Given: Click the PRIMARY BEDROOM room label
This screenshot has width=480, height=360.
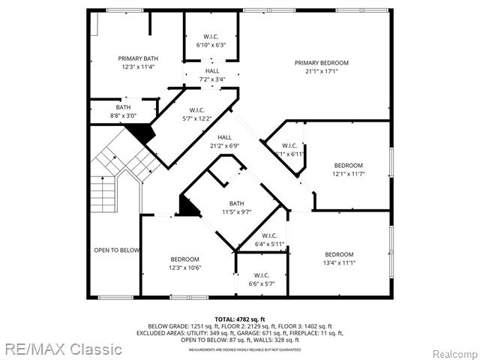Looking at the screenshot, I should [321, 63].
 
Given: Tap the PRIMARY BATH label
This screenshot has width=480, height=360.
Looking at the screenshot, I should [138, 58].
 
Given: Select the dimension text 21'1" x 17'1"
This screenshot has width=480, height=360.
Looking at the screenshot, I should [321, 73].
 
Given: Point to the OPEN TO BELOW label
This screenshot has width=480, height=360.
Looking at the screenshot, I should [116, 250].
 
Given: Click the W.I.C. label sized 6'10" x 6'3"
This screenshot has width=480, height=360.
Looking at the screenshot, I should [211, 36].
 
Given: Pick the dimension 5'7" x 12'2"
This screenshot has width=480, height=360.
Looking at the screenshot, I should [197, 118].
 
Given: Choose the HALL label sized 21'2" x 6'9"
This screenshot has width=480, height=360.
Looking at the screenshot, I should [225, 137].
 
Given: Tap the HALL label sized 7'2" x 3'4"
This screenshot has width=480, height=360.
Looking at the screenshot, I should [213, 70].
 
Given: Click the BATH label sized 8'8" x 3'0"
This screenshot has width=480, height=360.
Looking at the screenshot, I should [123, 107].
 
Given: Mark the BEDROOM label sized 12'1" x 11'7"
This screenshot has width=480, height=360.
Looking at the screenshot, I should [348, 165].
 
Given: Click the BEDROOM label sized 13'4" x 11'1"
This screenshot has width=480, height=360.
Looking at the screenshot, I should [339, 253].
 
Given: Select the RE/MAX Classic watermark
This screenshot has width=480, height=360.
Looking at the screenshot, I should [61, 349].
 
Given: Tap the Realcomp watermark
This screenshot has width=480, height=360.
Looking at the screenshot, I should [451, 353].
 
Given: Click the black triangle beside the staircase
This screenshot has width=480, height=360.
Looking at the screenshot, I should [141, 133].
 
